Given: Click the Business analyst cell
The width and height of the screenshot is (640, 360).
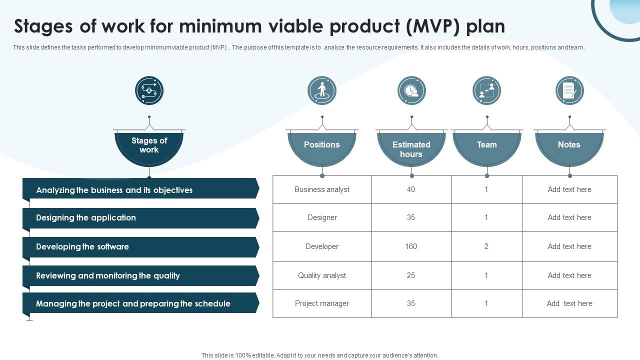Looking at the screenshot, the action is click(322, 189).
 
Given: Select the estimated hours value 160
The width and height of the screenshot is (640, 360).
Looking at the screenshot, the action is click(411, 246).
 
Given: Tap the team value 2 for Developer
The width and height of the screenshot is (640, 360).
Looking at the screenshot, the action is click(486, 246).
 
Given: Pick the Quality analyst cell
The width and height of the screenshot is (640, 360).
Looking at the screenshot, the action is click(322, 275).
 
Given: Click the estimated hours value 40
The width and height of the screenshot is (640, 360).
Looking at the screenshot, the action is click(411, 189).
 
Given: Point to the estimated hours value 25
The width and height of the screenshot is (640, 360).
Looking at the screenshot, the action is click(411, 275).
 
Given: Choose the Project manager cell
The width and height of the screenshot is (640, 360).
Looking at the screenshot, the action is click(322, 303).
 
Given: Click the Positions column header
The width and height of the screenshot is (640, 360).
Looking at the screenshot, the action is click(322, 149).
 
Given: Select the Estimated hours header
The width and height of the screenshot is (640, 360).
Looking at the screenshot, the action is click(411, 149).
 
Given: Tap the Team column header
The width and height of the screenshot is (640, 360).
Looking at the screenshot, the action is click(487, 149).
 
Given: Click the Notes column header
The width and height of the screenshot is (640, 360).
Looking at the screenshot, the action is click(569, 149).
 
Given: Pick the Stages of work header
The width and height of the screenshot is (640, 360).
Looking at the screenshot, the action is click(149, 149).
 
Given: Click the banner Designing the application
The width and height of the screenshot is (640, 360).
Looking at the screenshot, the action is click(141, 218).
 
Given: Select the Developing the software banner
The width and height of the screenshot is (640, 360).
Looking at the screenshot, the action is click(141, 247).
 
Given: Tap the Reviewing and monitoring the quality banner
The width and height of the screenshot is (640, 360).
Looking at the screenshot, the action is click(141, 275).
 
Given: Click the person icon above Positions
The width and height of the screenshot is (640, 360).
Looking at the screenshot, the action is click(322, 90).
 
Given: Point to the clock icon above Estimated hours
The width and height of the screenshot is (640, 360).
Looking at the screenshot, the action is click(411, 90).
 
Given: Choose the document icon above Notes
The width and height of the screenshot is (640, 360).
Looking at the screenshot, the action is click(569, 90).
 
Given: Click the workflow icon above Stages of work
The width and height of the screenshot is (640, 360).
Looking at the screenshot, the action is click(149, 90).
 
